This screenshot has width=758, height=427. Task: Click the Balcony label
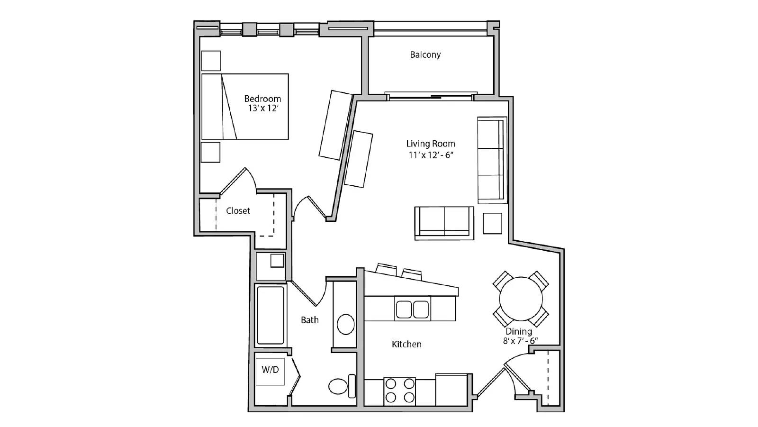pyautogui.click(x=425, y=55)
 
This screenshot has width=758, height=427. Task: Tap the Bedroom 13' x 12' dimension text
pyautogui.click(x=263, y=109)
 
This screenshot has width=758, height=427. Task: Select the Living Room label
pyautogui.click(x=431, y=144)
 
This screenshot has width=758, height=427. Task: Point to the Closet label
pyautogui.click(x=238, y=210)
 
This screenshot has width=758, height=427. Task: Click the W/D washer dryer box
pyautogui.click(x=270, y=372)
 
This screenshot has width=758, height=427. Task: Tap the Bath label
pyautogui.click(x=310, y=320)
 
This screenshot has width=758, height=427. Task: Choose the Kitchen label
pyautogui.click(x=406, y=345)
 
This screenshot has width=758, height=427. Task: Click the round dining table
pyautogui.click(x=521, y=299)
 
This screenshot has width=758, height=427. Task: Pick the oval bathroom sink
pyautogui.click(x=345, y=325)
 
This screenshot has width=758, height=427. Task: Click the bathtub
pyautogui.click(x=270, y=315)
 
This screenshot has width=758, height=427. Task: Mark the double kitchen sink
pyautogui.click(x=412, y=309)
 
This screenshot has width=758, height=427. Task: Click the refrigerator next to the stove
pyautogui.click(x=452, y=390)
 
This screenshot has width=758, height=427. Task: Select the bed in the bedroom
pyautogui.click(x=245, y=107)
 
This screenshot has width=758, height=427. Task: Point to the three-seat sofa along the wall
pyautogui.click(x=492, y=160)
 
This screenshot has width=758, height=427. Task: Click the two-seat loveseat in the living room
pyautogui.click(x=444, y=223)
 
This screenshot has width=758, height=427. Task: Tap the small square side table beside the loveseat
pyautogui.click(x=492, y=224)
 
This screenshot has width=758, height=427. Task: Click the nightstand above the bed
pyautogui.click(x=211, y=61)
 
